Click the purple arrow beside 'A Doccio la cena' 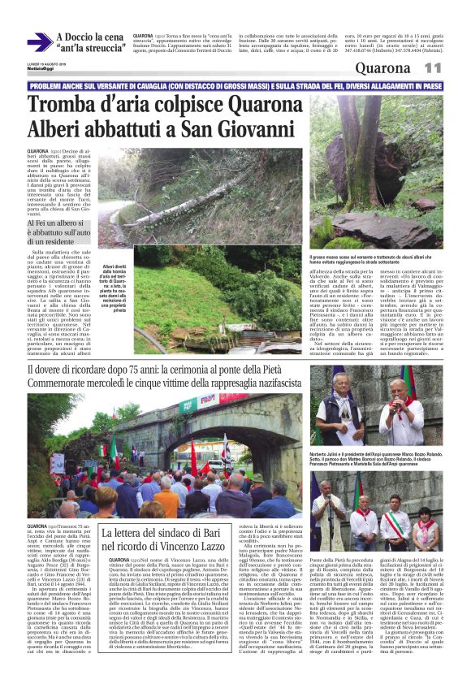coord(38,42)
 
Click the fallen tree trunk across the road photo coord(195,203)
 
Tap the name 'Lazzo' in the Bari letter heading coord(212,523)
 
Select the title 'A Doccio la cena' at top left coord(90,37)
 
